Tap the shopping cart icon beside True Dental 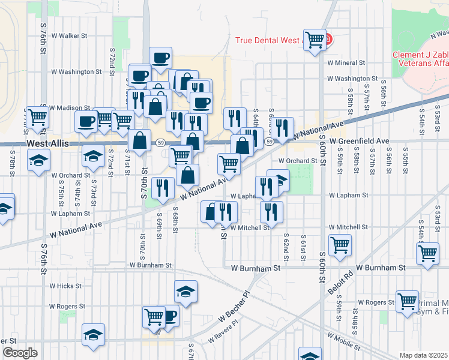click(315, 40)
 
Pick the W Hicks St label click(65, 286)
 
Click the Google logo click(19, 353)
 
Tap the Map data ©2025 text click(424, 355)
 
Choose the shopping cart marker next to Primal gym click(407, 302)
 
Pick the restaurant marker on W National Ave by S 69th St click(163, 188)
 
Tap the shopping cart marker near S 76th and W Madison click(37, 118)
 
